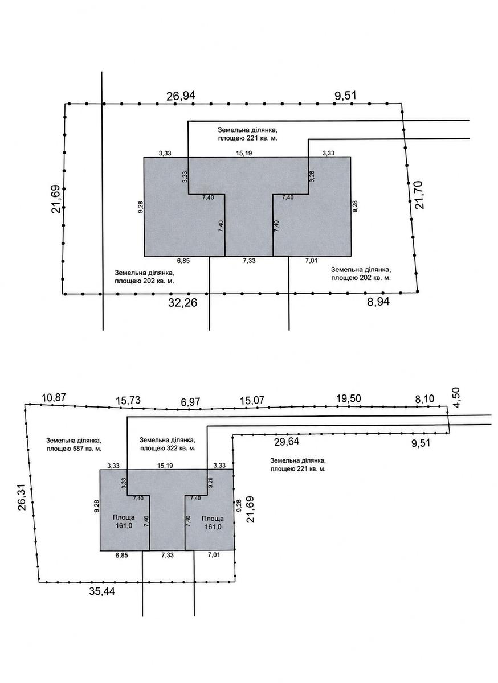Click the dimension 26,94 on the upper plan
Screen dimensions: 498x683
[181, 96]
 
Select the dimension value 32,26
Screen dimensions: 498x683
[182, 303]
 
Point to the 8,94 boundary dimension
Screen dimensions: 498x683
[378, 302]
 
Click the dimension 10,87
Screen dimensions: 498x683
[54, 398]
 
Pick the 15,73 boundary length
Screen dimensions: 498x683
[128, 400]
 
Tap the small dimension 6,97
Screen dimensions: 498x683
[190, 402]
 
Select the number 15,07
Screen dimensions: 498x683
[252, 400]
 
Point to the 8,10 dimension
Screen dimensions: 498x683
[424, 398]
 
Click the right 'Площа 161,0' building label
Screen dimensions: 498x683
[213, 522]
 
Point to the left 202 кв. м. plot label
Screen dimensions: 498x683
[145, 277]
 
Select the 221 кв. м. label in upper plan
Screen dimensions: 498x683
[248, 134]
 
